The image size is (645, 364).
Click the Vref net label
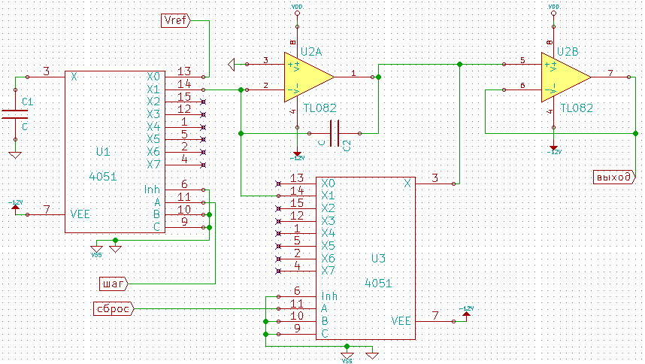[178, 20]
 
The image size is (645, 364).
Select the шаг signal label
[114, 284]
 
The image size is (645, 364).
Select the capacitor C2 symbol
[335, 133]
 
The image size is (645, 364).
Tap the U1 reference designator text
[104, 152]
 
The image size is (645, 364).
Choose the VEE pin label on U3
[401, 321]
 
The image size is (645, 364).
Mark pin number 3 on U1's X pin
[46, 71]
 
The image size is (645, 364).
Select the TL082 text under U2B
[577, 108]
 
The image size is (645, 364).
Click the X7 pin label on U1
[153, 164]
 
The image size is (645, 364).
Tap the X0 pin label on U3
[328, 183]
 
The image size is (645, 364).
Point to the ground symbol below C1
[14, 155]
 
